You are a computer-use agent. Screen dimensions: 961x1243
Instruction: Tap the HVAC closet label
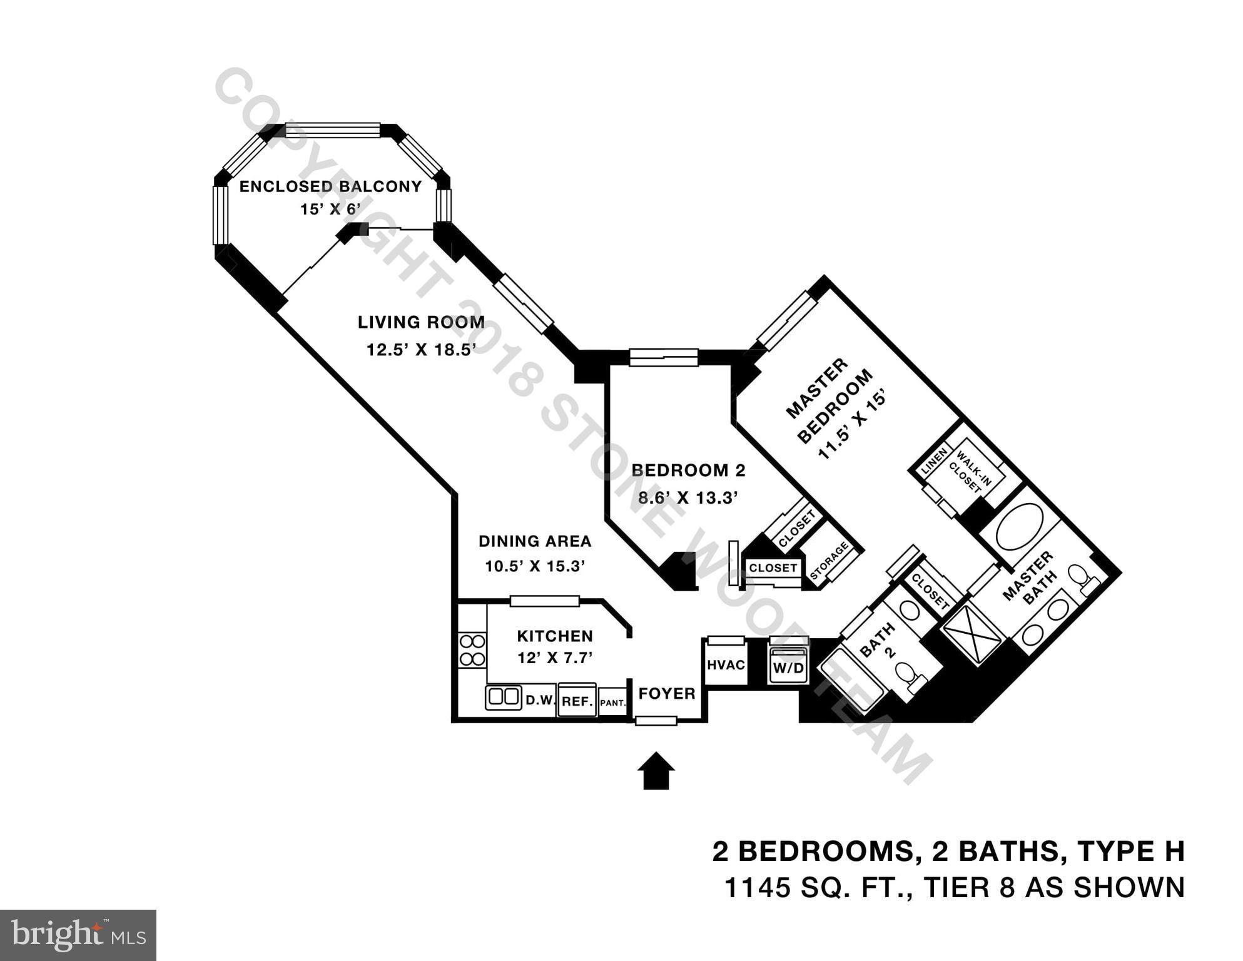(726, 664)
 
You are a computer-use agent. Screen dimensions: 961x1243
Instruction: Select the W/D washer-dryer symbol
(788, 667)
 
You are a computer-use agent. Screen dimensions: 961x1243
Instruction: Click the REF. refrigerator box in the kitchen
(577, 701)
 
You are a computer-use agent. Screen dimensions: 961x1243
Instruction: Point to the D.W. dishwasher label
(540, 700)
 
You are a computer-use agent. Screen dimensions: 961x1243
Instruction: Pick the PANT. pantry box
(612, 703)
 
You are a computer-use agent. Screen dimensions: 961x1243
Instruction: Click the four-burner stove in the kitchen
(472, 650)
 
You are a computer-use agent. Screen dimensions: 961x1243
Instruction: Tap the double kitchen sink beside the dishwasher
(504, 697)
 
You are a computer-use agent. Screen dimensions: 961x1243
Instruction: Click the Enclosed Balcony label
(330, 186)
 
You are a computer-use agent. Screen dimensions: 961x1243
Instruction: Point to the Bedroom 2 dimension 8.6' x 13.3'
(688, 498)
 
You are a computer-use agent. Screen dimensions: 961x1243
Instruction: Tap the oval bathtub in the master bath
(1019, 526)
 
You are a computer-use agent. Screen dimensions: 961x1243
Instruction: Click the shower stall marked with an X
(973, 632)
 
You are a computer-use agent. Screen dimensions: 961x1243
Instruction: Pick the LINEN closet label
(934, 460)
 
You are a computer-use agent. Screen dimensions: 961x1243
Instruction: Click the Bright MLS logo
(78, 935)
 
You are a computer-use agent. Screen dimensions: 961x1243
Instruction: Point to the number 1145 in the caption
(757, 887)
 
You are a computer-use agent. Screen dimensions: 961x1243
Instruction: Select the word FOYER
(666, 693)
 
